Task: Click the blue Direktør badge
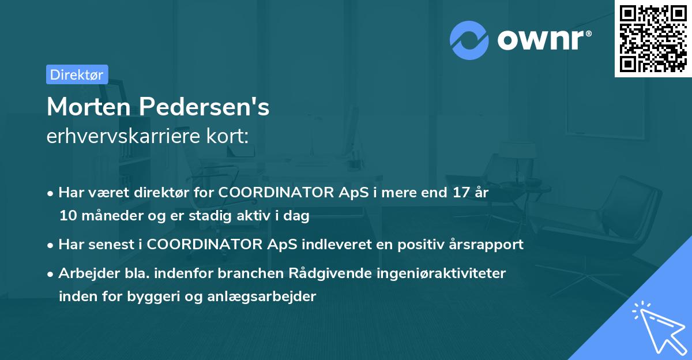coord(77,74)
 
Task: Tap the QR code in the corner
coord(653,38)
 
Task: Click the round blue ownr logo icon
coord(469,40)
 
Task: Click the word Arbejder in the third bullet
coord(85,273)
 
